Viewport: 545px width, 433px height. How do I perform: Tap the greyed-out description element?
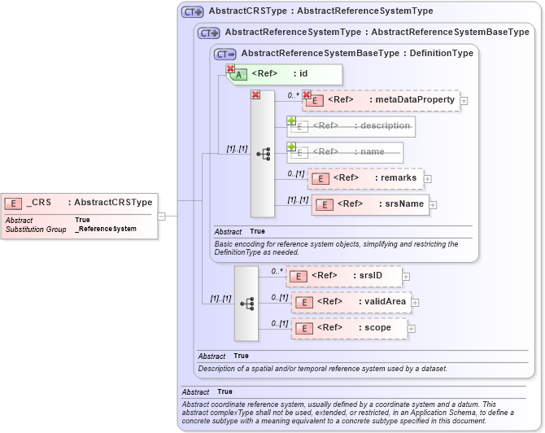[x=351, y=126]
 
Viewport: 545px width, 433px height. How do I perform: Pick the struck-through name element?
[x=346, y=152]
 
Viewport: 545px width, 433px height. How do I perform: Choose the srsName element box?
[x=370, y=203]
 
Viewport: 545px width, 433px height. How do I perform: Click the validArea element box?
[x=351, y=302]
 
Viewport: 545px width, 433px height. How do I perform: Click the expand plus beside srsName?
[x=434, y=204]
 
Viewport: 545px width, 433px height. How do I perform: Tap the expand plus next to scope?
[x=411, y=328]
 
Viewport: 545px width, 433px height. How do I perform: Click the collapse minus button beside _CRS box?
[x=162, y=216]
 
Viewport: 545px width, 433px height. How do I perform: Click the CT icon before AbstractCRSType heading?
[x=193, y=12]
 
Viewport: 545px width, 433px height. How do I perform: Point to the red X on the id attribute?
[x=230, y=69]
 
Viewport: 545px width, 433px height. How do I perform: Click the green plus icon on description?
[x=290, y=120]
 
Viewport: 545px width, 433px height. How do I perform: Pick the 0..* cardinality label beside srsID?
[x=276, y=271]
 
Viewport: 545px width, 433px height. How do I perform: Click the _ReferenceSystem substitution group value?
[x=106, y=230]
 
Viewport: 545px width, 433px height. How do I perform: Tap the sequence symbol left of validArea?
[x=246, y=303]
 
